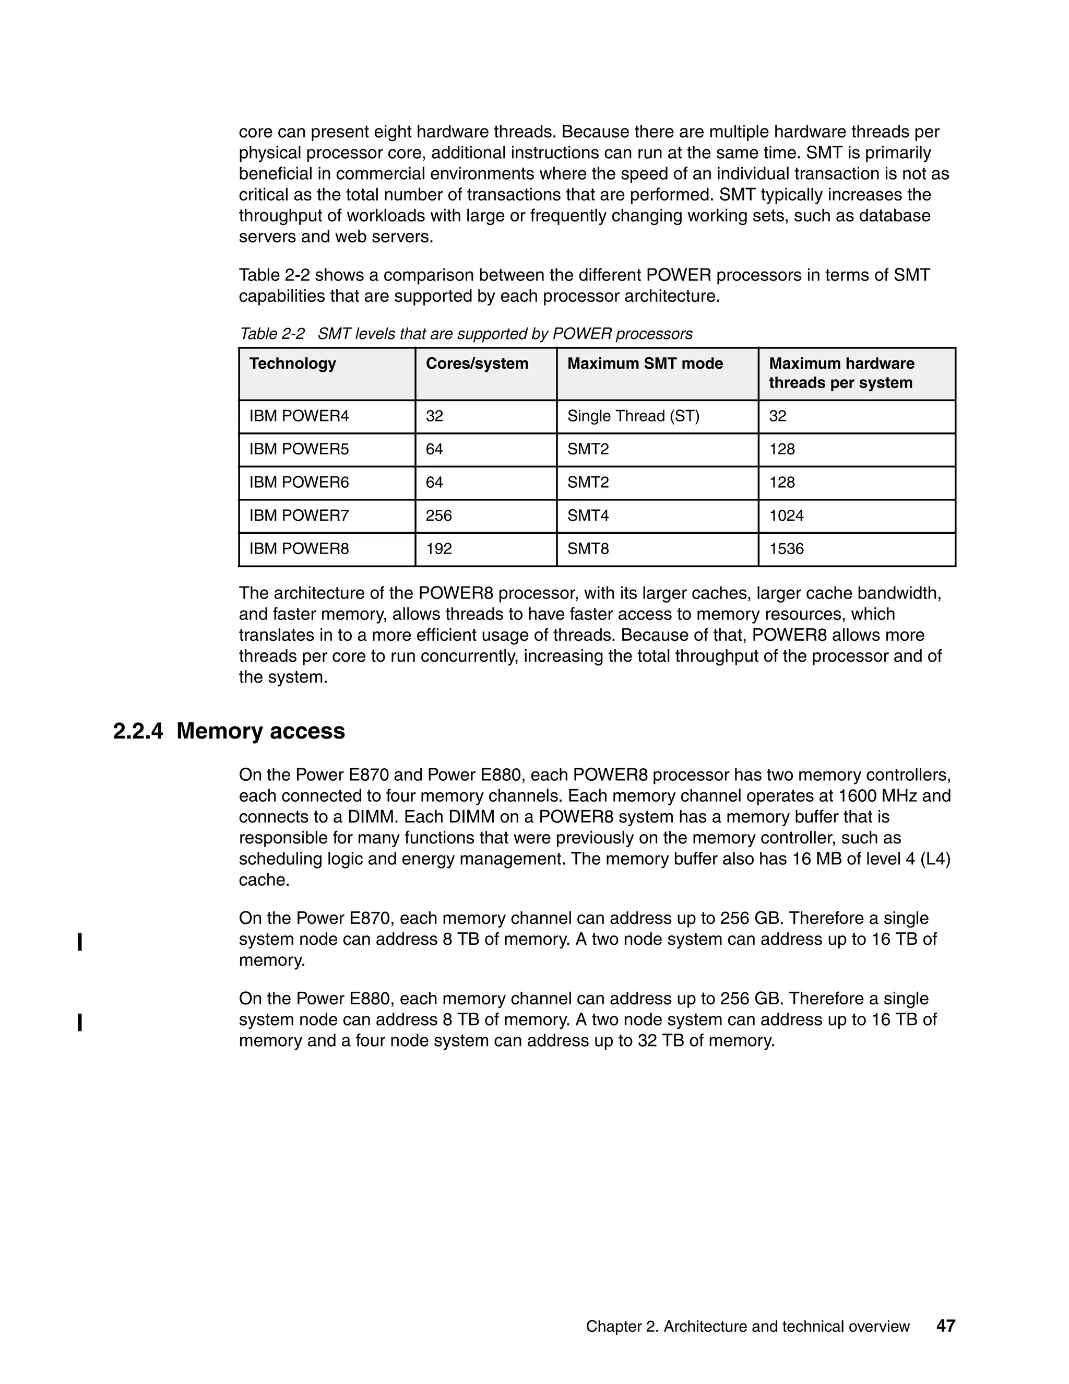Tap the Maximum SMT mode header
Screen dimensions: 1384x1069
pos(645,363)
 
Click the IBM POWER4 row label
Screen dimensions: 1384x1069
pos(299,416)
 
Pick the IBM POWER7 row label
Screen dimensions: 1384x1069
pos(299,516)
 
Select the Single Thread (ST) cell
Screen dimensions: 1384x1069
pos(633,416)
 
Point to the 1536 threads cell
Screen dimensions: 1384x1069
pos(786,549)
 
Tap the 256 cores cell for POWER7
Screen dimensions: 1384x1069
pos(439,516)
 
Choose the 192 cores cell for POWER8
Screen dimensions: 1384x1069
pos(439,549)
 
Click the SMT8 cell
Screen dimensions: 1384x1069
pos(588,549)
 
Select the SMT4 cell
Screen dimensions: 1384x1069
pos(588,516)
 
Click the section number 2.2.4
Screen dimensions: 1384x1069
pos(138,731)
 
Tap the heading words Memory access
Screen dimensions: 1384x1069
pos(260,731)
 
